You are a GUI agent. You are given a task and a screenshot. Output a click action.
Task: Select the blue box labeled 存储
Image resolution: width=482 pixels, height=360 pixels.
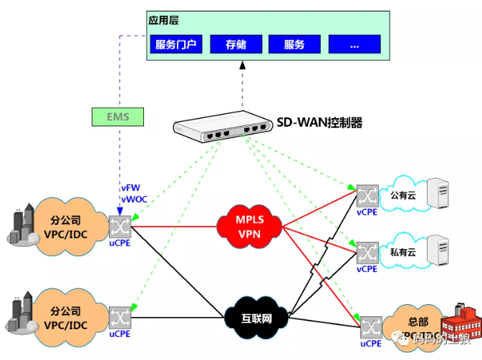[x=236, y=44]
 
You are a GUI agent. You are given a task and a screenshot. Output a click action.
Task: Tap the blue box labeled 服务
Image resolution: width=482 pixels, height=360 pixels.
[x=294, y=44]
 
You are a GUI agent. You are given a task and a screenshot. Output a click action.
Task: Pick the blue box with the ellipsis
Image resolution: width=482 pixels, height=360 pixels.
[x=354, y=44]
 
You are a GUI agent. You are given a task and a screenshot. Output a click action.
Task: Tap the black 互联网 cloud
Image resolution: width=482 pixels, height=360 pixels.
[x=248, y=316]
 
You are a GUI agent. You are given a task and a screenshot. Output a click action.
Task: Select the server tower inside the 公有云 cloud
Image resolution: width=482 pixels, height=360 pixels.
[x=438, y=193]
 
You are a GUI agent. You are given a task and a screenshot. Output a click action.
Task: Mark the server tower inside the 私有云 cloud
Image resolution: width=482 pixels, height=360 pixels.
[x=438, y=250]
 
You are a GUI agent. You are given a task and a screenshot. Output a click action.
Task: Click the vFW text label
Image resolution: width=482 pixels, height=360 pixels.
[x=130, y=188]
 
